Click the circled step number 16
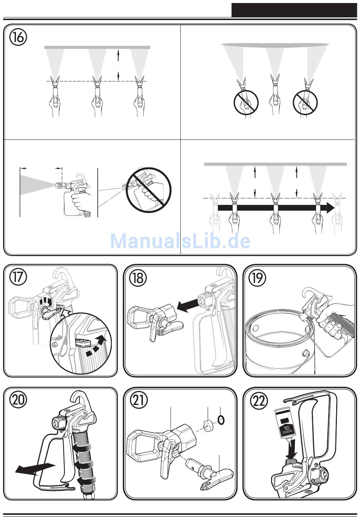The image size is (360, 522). [18, 38]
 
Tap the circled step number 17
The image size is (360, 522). [18, 277]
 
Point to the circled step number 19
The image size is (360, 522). [257, 278]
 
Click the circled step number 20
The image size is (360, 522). [18, 401]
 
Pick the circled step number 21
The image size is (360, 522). [138, 401]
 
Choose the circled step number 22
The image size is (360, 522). [259, 401]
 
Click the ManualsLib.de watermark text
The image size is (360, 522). [180, 241]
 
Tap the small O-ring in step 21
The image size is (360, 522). [221, 420]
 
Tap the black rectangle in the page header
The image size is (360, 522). [294, 11]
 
